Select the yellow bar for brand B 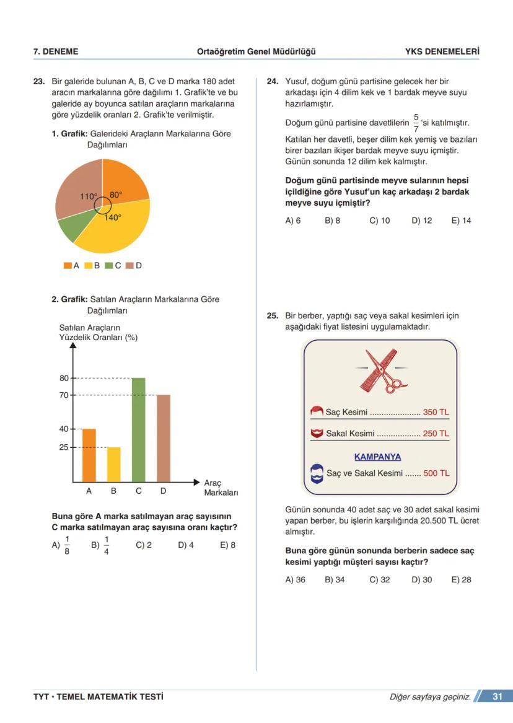(114, 464)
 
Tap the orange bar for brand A (89, 455)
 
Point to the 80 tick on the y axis (64, 378)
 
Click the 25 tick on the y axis (64, 447)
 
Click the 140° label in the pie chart (113, 217)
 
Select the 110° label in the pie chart (88, 196)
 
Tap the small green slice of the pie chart (72, 229)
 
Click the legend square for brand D (129, 265)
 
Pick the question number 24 (272, 81)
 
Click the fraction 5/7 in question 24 (416, 123)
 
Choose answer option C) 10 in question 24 (380, 221)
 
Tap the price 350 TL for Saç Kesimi (436, 412)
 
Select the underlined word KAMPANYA (377, 457)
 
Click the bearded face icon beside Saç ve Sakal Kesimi (317, 474)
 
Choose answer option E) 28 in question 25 (461, 580)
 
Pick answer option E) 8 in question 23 (228, 545)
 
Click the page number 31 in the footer (497, 696)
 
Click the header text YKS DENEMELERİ (442, 51)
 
